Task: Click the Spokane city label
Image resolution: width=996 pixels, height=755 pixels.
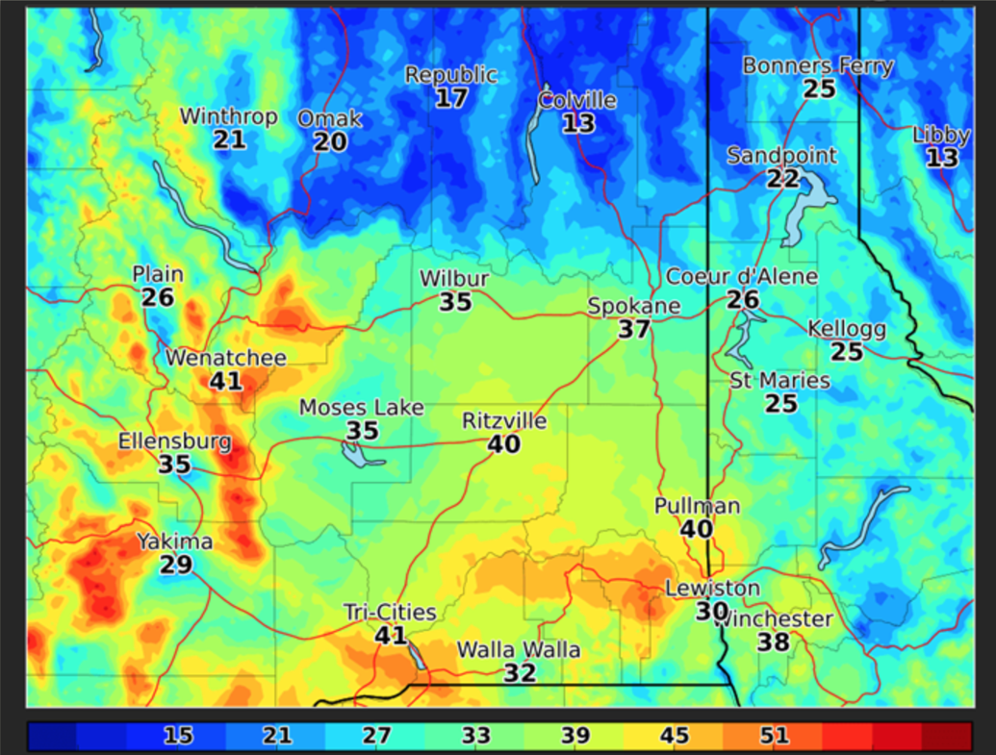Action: [x=634, y=307]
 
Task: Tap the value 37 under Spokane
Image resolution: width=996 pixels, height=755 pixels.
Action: [x=634, y=330]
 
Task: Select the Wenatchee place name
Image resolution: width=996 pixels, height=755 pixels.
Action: [x=226, y=358]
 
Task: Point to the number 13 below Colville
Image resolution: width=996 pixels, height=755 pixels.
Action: [x=578, y=123]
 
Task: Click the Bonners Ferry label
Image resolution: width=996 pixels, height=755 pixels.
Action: [x=818, y=66]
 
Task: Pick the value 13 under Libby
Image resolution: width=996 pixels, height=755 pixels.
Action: [x=942, y=158]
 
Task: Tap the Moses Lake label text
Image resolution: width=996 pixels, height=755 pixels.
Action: [x=361, y=408]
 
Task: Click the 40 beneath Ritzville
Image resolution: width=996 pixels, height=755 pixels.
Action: [x=504, y=444]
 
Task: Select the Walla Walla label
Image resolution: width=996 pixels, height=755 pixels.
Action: [x=519, y=650]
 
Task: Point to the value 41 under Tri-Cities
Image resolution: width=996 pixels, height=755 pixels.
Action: [x=391, y=636]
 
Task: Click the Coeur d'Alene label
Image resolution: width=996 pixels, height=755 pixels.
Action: [x=742, y=277]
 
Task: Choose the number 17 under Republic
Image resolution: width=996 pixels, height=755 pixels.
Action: [x=450, y=97]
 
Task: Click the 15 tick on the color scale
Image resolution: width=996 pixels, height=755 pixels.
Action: [x=178, y=737]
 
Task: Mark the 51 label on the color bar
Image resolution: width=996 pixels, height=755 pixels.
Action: [x=774, y=737]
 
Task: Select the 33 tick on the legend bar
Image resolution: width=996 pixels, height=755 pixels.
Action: [x=475, y=737]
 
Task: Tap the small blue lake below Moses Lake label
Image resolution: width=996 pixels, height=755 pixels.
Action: [x=362, y=455]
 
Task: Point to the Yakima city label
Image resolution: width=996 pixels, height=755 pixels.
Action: [x=174, y=541]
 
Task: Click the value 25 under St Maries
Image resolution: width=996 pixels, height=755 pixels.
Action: [x=780, y=403]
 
